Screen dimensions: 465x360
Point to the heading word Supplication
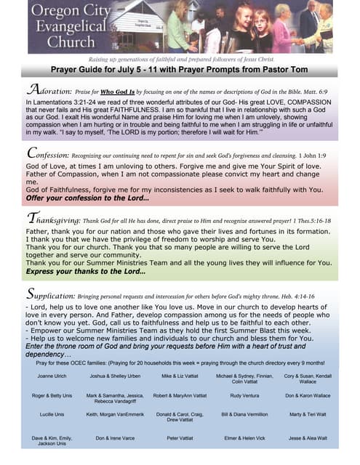(x=52, y=294)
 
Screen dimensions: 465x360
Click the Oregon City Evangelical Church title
(x=69, y=27)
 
